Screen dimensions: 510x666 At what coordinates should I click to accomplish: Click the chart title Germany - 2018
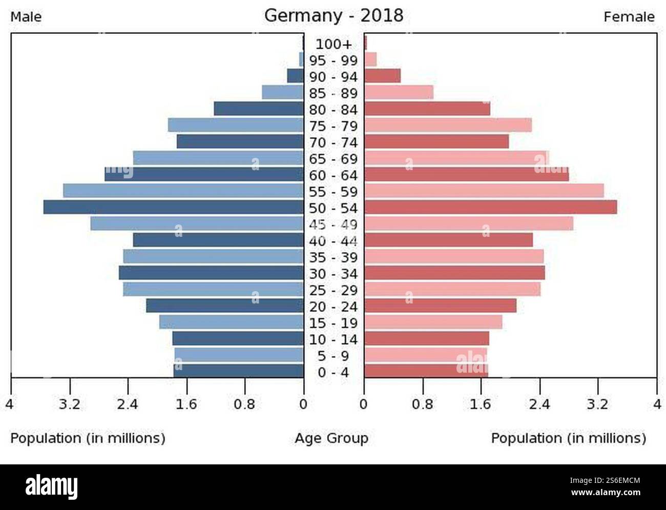pyautogui.click(x=334, y=16)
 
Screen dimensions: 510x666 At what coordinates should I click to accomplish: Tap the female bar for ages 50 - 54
pyautogui.click(x=490, y=207)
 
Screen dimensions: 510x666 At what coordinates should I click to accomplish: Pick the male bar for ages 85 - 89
pyautogui.click(x=283, y=92)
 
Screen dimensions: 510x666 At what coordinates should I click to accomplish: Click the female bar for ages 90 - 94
pyautogui.click(x=382, y=76)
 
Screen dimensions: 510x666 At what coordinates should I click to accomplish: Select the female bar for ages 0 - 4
pyautogui.click(x=426, y=371)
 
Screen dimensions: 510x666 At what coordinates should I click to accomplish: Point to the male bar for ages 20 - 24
pyautogui.click(x=225, y=305)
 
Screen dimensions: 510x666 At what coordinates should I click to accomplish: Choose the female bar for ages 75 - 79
pyautogui.click(x=448, y=125)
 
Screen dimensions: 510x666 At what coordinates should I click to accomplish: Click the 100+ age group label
pyautogui.click(x=334, y=44)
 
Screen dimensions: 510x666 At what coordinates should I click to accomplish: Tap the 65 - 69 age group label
pyautogui.click(x=334, y=159)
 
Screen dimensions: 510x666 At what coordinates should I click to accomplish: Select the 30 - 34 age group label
pyautogui.click(x=334, y=274)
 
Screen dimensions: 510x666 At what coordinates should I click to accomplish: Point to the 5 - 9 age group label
pyautogui.click(x=334, y=356)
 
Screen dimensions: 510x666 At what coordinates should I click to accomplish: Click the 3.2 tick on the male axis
pyautogui.click(x=69, y=404)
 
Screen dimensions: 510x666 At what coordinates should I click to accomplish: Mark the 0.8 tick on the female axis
pyautogui.click(x=423, y=404)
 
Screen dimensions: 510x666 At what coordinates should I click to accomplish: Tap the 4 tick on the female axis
pyautogui.click(x=657, y=404)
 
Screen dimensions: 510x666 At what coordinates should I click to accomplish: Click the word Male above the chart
pyautogui.click(x=26, y=17)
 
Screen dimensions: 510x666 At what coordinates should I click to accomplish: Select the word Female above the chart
pyautogui.click(x=629, y=17)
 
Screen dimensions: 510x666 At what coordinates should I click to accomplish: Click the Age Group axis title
pyautogui.click(x=331, y=438)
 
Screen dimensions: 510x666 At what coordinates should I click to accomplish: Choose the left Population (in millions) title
pyautogui.click(x=88, y=438)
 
